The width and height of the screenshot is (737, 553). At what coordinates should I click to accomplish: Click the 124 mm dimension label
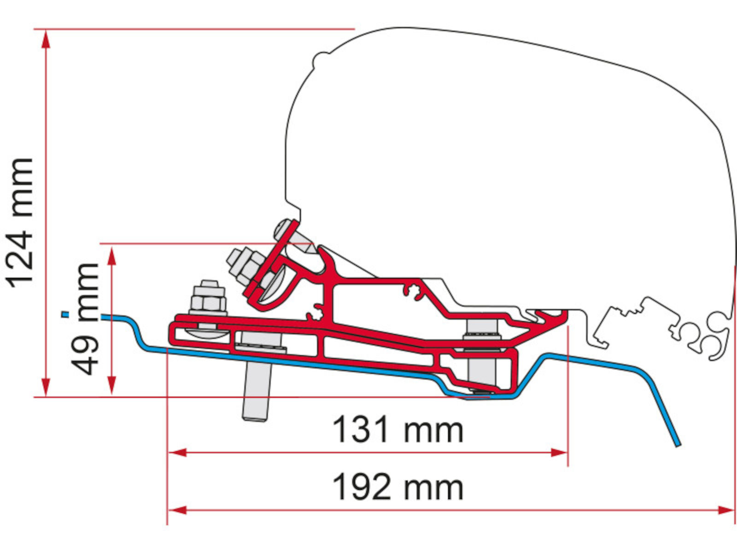(21, 223)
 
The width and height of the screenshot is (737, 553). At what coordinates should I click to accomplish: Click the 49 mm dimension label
(84, 319)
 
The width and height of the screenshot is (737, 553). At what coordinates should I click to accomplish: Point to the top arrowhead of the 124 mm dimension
(46, 40)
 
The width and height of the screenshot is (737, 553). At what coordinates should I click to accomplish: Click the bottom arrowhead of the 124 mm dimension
(46, 387)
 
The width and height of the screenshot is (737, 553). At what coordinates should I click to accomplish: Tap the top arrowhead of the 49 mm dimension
(112, 256)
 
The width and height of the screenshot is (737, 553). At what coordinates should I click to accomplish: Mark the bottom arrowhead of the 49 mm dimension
(112, 385)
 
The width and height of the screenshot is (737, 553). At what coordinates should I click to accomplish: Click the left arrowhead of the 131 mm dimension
(177, 453)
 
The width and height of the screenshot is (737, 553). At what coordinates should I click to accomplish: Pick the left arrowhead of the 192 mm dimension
(177, 510)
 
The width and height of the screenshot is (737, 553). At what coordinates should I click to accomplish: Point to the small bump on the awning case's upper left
(321, 60)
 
